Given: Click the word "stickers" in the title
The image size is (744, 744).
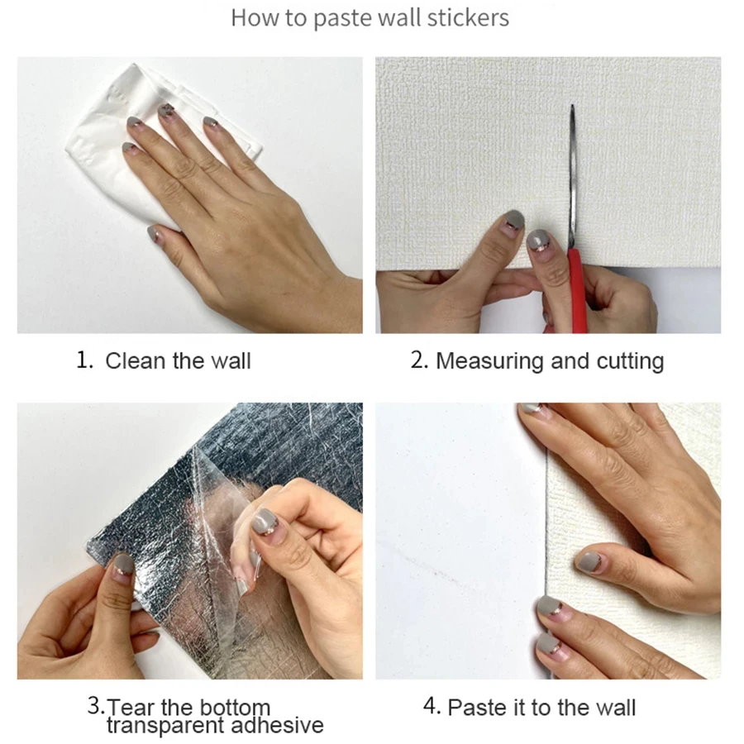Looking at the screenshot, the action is pyautogui.click(x=468, y=18).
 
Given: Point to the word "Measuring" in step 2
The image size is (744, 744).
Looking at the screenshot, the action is pyautogui.click(x=489, y=361).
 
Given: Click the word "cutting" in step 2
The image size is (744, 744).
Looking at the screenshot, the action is pyautogui.click(x=630, y=361).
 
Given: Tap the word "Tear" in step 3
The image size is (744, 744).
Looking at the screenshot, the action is pyautogui.click(x=131, y=707).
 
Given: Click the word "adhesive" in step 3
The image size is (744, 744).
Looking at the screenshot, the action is pyautogui.click(x=277, y=725).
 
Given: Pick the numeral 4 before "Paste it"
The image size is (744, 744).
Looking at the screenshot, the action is pyautogui.click(x=431, y=706).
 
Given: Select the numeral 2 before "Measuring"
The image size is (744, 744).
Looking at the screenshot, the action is pyautogui.click(x=419, y=360).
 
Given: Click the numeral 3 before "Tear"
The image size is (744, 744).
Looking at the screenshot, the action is pyautogui.click(x=95, y=705).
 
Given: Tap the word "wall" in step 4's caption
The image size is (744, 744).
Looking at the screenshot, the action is pyautogui.click(x=615, y=707).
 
